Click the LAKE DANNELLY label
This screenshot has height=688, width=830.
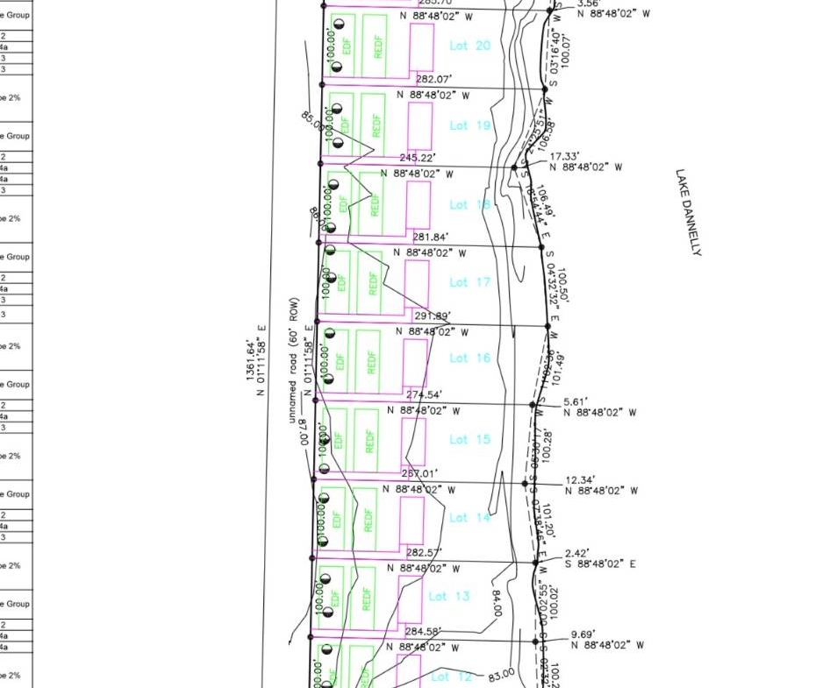pyautogui.click(x=689, y=213)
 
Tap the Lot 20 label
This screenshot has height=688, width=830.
pyautogui.click(x=470, y=46)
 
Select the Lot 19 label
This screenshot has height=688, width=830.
pyautogui.click(x=470, y=125)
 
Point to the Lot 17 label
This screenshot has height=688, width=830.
pyautogui.click(x=470, y=282)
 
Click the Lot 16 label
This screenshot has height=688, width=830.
pyautogui.click(x=470, y=358)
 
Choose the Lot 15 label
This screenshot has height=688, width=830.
pyautogui.click(x=470, y=439)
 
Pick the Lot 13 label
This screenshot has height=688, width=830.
pyautogui.click(x=450, y=597)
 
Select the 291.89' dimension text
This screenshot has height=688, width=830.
pyautogui.click(x=433, y=316)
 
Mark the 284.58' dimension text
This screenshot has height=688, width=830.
pyautogui.click(x=423, y=631)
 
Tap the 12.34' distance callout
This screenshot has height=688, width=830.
pyautogui.click(x=582, y=480)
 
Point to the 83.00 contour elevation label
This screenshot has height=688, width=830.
pyautogui.click(x=501, y=677)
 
